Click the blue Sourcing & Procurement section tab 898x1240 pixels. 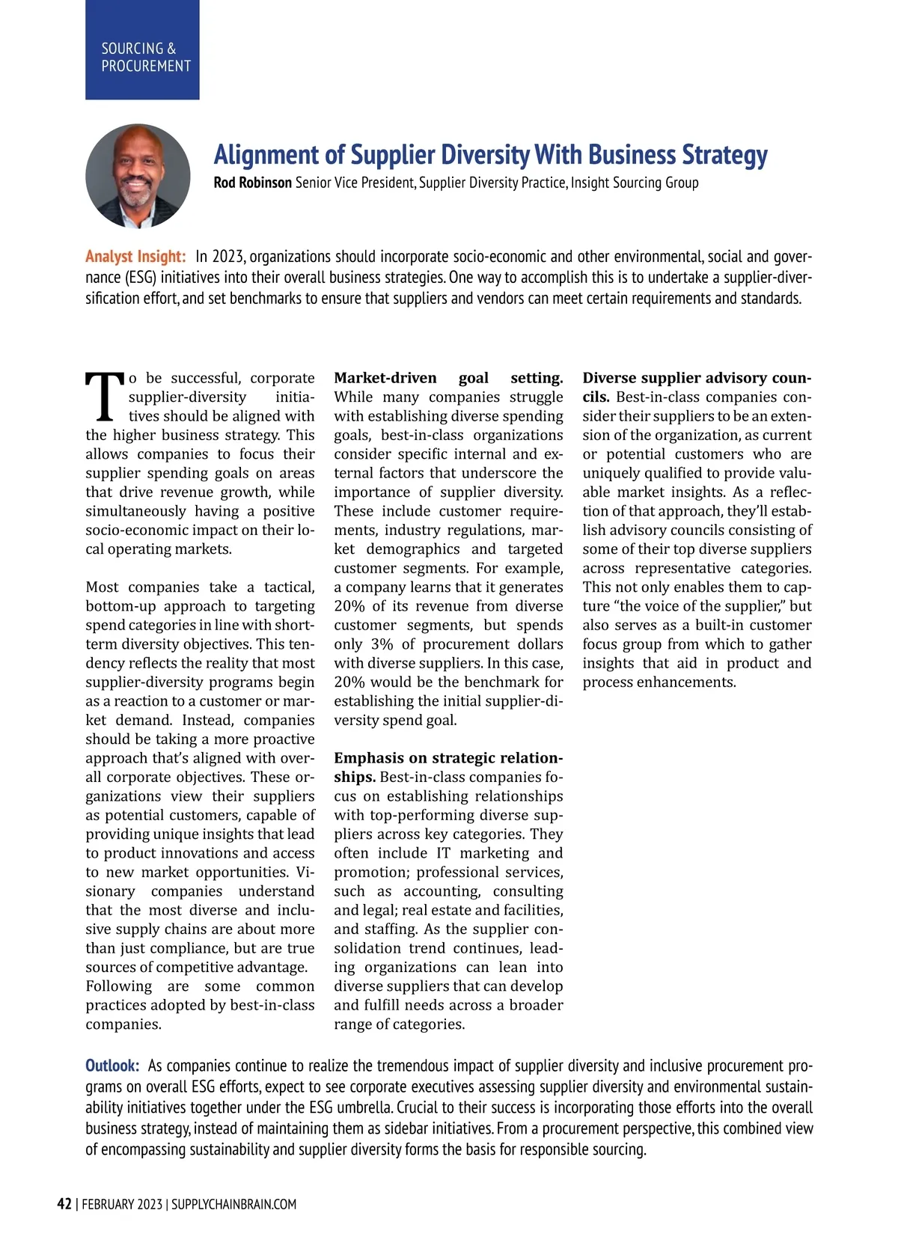(142, 50)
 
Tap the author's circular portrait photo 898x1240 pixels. (138, 177)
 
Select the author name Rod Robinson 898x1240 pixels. (252, 183)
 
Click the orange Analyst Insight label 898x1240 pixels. (135, 257)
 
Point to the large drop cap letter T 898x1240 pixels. (104, 397)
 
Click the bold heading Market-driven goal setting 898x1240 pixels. (448, 378)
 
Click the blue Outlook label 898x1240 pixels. (112, 1066)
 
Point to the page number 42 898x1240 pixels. (64, 1204)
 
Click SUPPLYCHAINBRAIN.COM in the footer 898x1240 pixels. (233, 1204)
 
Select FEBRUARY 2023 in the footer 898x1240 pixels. (122, 1204)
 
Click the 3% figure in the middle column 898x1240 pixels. (382, 644)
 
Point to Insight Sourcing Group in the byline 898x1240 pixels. (635, 183)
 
